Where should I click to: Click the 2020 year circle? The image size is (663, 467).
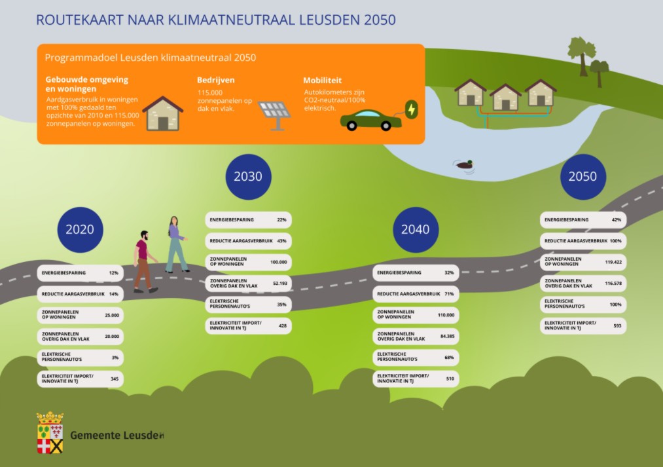pos(80,229)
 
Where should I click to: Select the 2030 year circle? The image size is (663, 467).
pos(248,176)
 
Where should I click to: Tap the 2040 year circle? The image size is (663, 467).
pos(415,229)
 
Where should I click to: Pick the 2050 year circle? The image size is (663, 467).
pos(582,177)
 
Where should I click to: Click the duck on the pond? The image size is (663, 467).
pos(465,164)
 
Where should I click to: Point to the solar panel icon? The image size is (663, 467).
pos(274,114)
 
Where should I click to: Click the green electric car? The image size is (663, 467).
pos(370,120)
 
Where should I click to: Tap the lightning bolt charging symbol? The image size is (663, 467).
pos(411,109)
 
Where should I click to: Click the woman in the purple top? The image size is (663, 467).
pos(176,244)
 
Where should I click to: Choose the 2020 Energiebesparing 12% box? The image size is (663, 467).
pos(80,272)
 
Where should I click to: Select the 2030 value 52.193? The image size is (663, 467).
pos(278,284)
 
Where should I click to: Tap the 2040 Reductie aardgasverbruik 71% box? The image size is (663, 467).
pos(416,294)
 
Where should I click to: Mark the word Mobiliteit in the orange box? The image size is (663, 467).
pos(322,81)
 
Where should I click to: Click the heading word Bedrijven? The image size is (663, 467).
pos(216,81)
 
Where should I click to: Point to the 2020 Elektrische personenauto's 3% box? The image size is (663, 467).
pos(80,358)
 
